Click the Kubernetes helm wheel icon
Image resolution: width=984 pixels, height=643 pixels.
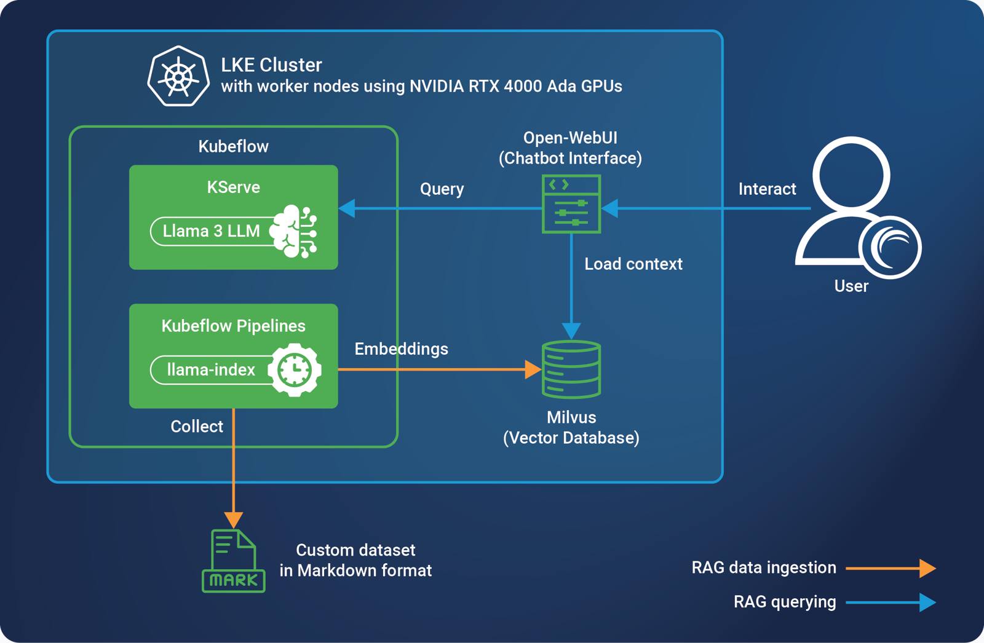178,76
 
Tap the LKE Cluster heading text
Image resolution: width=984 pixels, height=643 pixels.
271,65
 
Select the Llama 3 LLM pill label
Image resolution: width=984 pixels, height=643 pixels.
211,231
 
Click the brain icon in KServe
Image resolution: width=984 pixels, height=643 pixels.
294,231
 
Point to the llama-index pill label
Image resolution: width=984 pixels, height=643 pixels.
210,369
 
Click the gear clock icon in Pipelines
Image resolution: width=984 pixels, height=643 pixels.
295,369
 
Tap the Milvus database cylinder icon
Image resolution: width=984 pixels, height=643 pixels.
571,369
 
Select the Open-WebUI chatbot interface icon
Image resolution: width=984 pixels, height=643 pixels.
571,204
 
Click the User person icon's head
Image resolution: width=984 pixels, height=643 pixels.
851,175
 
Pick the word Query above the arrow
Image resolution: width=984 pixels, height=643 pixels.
442,189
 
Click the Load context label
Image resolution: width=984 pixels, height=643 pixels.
633,264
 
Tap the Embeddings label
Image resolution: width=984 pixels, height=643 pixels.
401,349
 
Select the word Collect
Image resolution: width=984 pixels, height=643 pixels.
197,427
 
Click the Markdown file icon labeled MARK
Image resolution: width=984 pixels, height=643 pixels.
233,561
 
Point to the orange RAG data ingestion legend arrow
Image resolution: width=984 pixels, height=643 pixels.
891,568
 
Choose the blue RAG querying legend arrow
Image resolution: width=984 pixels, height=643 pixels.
891,602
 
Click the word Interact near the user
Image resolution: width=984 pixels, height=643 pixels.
767,189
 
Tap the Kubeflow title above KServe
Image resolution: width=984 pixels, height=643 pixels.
233,146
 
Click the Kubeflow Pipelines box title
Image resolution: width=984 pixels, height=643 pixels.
233,326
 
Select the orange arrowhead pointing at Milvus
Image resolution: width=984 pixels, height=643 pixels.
533,369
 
